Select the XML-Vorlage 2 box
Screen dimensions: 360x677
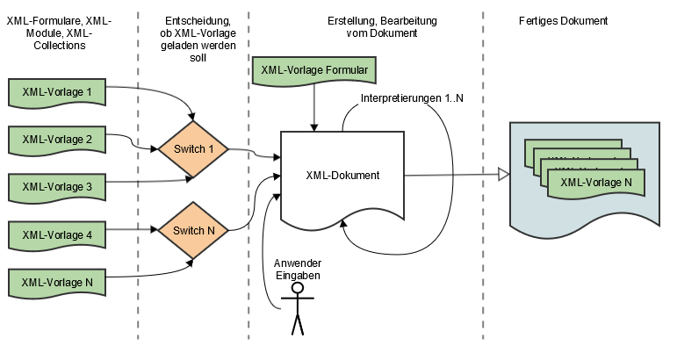point(57,139)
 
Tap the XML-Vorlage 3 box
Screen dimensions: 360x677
point(57,186)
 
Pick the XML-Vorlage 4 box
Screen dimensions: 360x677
point(57,234)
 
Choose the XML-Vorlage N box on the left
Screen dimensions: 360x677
point(57,282)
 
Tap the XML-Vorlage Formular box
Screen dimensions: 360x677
point(314,70)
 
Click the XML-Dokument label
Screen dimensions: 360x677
point(342,176)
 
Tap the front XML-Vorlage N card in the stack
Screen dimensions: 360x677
point(596,183)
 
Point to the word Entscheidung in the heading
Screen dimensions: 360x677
point(192,20)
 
